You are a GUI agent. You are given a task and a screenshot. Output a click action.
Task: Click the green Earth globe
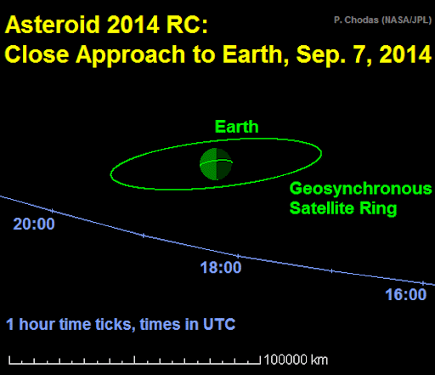[x=216, y=164]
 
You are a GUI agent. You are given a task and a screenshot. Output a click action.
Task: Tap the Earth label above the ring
[x=237, y=127]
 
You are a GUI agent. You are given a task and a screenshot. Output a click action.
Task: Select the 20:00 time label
[x=34, y=224]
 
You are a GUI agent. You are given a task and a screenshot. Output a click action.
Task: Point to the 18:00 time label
[x=221, y=267]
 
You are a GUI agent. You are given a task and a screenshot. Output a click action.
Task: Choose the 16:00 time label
[x=406, y=294]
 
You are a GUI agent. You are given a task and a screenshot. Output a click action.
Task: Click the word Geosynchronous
[x=360, y=189]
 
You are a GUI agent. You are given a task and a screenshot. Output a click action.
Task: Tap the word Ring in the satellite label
[x=378, y=209]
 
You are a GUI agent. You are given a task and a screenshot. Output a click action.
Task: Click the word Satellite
[x=322, y=208]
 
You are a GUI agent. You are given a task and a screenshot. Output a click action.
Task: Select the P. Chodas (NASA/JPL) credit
[x=382, y=20]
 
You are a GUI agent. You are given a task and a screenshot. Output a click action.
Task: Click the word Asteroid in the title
[x=52, y=25]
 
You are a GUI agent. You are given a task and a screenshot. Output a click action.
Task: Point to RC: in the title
[x=187, y=25]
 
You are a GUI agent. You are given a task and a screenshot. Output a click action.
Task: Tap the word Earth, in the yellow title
[x=256, y=54]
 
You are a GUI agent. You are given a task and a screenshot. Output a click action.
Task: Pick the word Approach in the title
[x=130, y=55]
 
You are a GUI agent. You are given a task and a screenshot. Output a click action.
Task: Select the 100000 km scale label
[x=296, y=360]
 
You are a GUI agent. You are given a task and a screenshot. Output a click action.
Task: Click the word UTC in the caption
[x=219, y=324]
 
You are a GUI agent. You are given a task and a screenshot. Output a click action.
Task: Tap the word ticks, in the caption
[x=115, y=325]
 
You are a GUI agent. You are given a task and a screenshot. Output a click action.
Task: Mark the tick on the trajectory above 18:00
[x=238, y=256]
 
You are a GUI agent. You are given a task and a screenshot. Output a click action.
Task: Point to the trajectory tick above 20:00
[x=52, y=211]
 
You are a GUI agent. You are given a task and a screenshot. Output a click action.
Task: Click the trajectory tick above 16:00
[x=422, y=283]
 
